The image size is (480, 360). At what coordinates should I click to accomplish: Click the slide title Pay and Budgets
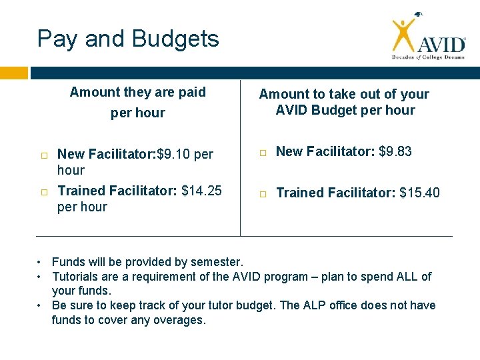pos(128,39)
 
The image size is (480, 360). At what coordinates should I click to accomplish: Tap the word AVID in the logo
pos(441,44)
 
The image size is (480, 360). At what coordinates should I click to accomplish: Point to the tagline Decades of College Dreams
pos(427,58)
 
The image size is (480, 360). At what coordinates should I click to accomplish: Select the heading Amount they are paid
pos(138,92)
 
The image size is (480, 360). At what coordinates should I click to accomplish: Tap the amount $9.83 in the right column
pos(395,151)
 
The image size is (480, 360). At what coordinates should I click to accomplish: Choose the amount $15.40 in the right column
pos(419,193)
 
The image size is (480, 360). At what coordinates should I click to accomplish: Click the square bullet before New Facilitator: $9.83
pos(263,153)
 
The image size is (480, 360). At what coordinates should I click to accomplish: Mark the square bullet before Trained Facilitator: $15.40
pos(263,194)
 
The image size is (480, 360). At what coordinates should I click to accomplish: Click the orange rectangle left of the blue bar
pos(14,73)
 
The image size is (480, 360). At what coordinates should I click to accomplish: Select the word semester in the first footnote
pos(219,262)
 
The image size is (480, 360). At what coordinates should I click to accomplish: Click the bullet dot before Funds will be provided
pos(41,262)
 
